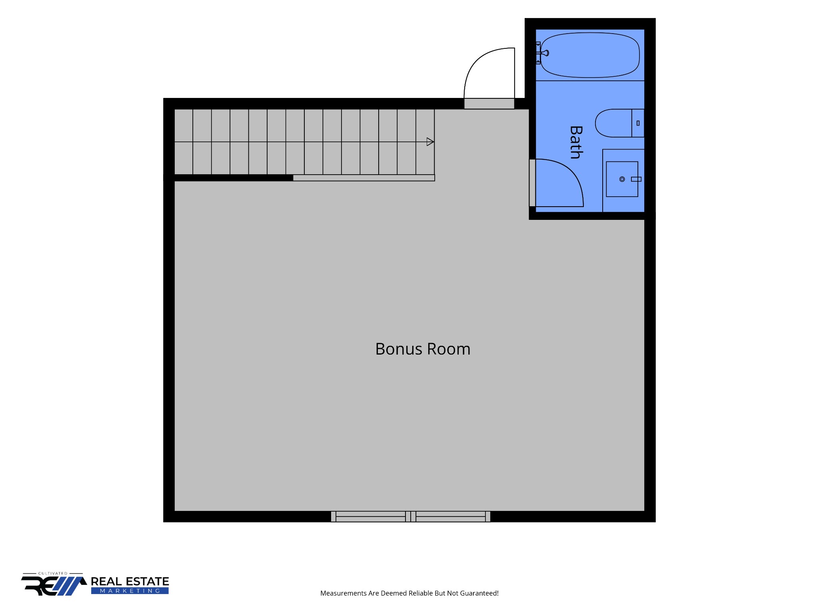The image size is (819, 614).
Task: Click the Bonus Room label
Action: point(423,349)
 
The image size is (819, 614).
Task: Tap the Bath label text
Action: point(576,142)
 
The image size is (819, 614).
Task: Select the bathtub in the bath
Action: point(590,55)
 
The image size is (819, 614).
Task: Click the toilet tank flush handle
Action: point(638,123)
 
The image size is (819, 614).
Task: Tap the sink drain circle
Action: point(622,179)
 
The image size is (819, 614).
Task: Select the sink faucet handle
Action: point(636,179)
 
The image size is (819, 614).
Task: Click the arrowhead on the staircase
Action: point(430,142)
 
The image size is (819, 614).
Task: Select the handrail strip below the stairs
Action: point(364,178)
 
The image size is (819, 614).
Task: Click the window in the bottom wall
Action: point(411,516)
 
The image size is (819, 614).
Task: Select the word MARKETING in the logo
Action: point(130,591)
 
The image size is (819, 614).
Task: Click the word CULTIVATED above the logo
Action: point(53,573)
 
